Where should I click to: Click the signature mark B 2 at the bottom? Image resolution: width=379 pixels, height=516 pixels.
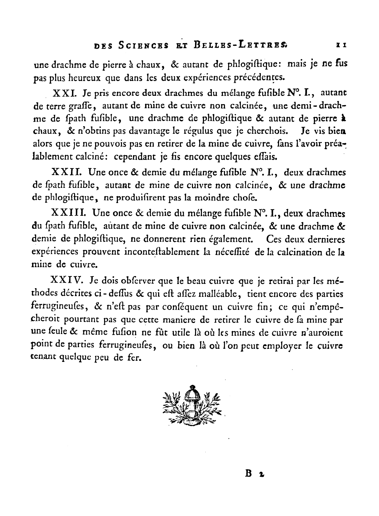click(254, 473)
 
